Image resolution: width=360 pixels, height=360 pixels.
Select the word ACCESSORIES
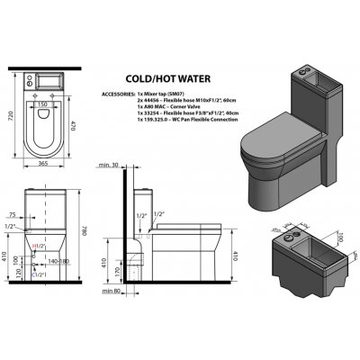point(112,93)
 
